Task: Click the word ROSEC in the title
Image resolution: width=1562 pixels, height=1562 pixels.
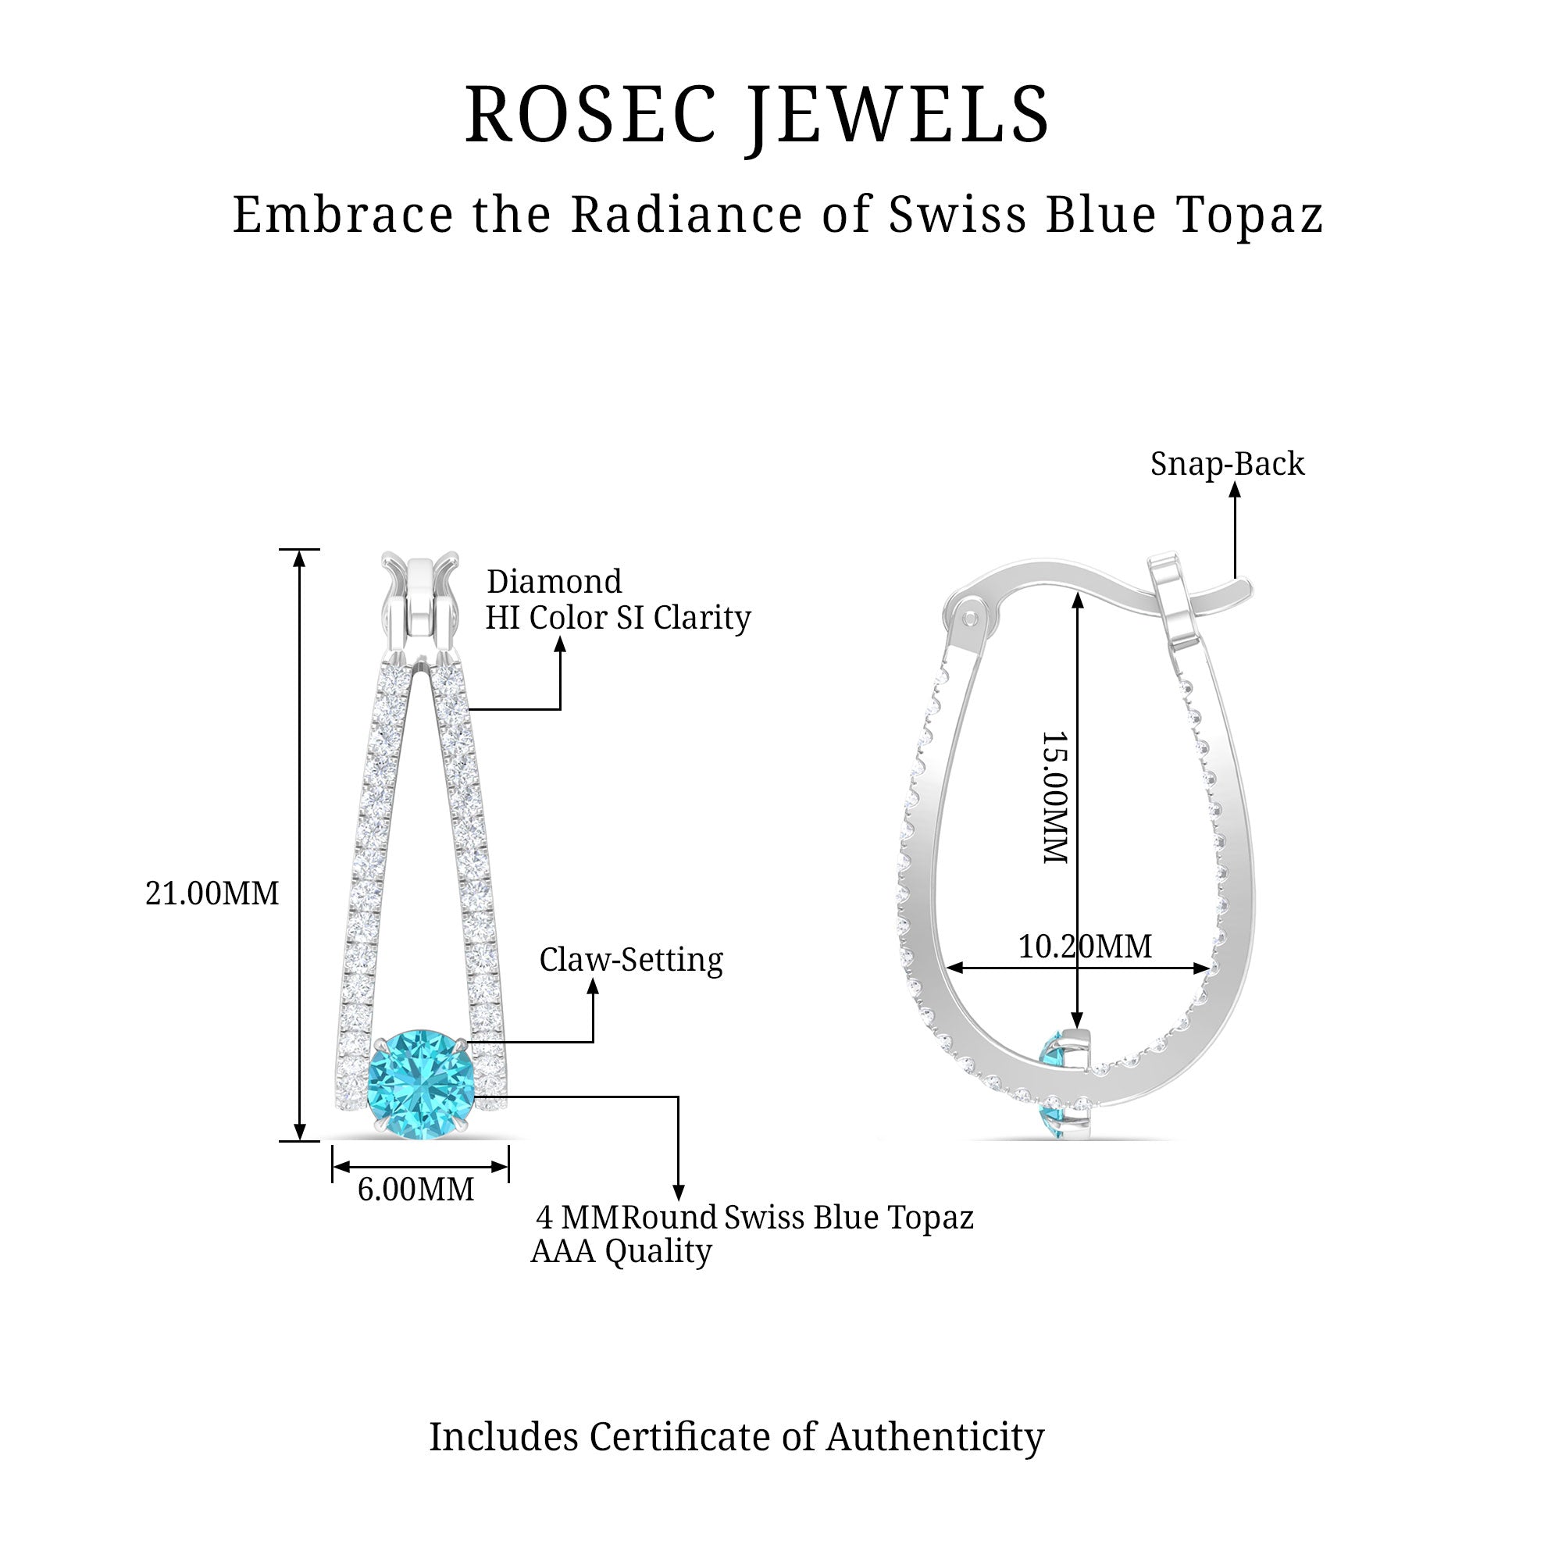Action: (x=591, y=115)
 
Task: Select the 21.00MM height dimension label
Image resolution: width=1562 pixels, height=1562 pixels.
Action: (x=212, y=893)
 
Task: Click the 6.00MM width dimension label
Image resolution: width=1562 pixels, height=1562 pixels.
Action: (x=415, y=1189)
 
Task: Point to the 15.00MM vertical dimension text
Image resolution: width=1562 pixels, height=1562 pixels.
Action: (x=1055, y=797)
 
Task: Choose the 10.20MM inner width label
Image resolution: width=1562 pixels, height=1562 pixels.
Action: (x=1084, y=946)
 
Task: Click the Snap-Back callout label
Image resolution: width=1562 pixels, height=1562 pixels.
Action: (x=1226, y=464)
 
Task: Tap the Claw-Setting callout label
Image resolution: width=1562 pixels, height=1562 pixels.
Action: (x=630, y=960)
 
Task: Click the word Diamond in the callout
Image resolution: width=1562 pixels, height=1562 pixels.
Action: (x=554, y=582)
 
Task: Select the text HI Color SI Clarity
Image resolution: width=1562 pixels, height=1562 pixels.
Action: (x=618, y=618)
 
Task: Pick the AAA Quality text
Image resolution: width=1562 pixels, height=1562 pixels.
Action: (x=621, y=1250)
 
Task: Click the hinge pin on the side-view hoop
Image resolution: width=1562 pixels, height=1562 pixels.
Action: (x=970, y=619)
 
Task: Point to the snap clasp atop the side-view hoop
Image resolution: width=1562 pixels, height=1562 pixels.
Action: (x=1175, y=598)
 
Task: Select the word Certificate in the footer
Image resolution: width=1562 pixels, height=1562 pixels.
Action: (x=679, y=1437)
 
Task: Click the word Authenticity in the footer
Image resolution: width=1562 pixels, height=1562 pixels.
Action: (x=935, y=1437)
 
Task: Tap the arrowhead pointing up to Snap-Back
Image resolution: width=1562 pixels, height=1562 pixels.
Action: (x=1235, y=488)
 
